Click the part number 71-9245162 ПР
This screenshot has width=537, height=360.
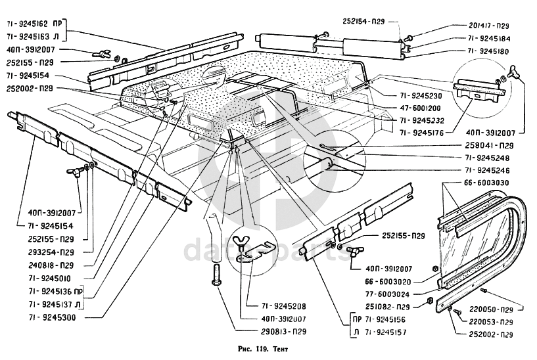34,24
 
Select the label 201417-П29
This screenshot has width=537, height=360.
489,26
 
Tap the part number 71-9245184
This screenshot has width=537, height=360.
489,38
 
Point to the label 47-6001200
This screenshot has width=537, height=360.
420,108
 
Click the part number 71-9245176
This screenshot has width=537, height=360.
421,133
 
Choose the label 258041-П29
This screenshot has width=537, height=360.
489,145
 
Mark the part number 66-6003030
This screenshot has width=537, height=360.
486,183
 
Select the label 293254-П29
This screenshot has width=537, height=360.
51,252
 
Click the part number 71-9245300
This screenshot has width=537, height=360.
52,317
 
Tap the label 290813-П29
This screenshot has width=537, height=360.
283,332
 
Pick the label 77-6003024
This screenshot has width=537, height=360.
387,294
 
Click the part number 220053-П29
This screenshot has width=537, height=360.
491,322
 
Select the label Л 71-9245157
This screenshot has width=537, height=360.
380,332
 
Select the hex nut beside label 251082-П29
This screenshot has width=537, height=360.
431,301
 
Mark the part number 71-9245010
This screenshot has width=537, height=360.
50,279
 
